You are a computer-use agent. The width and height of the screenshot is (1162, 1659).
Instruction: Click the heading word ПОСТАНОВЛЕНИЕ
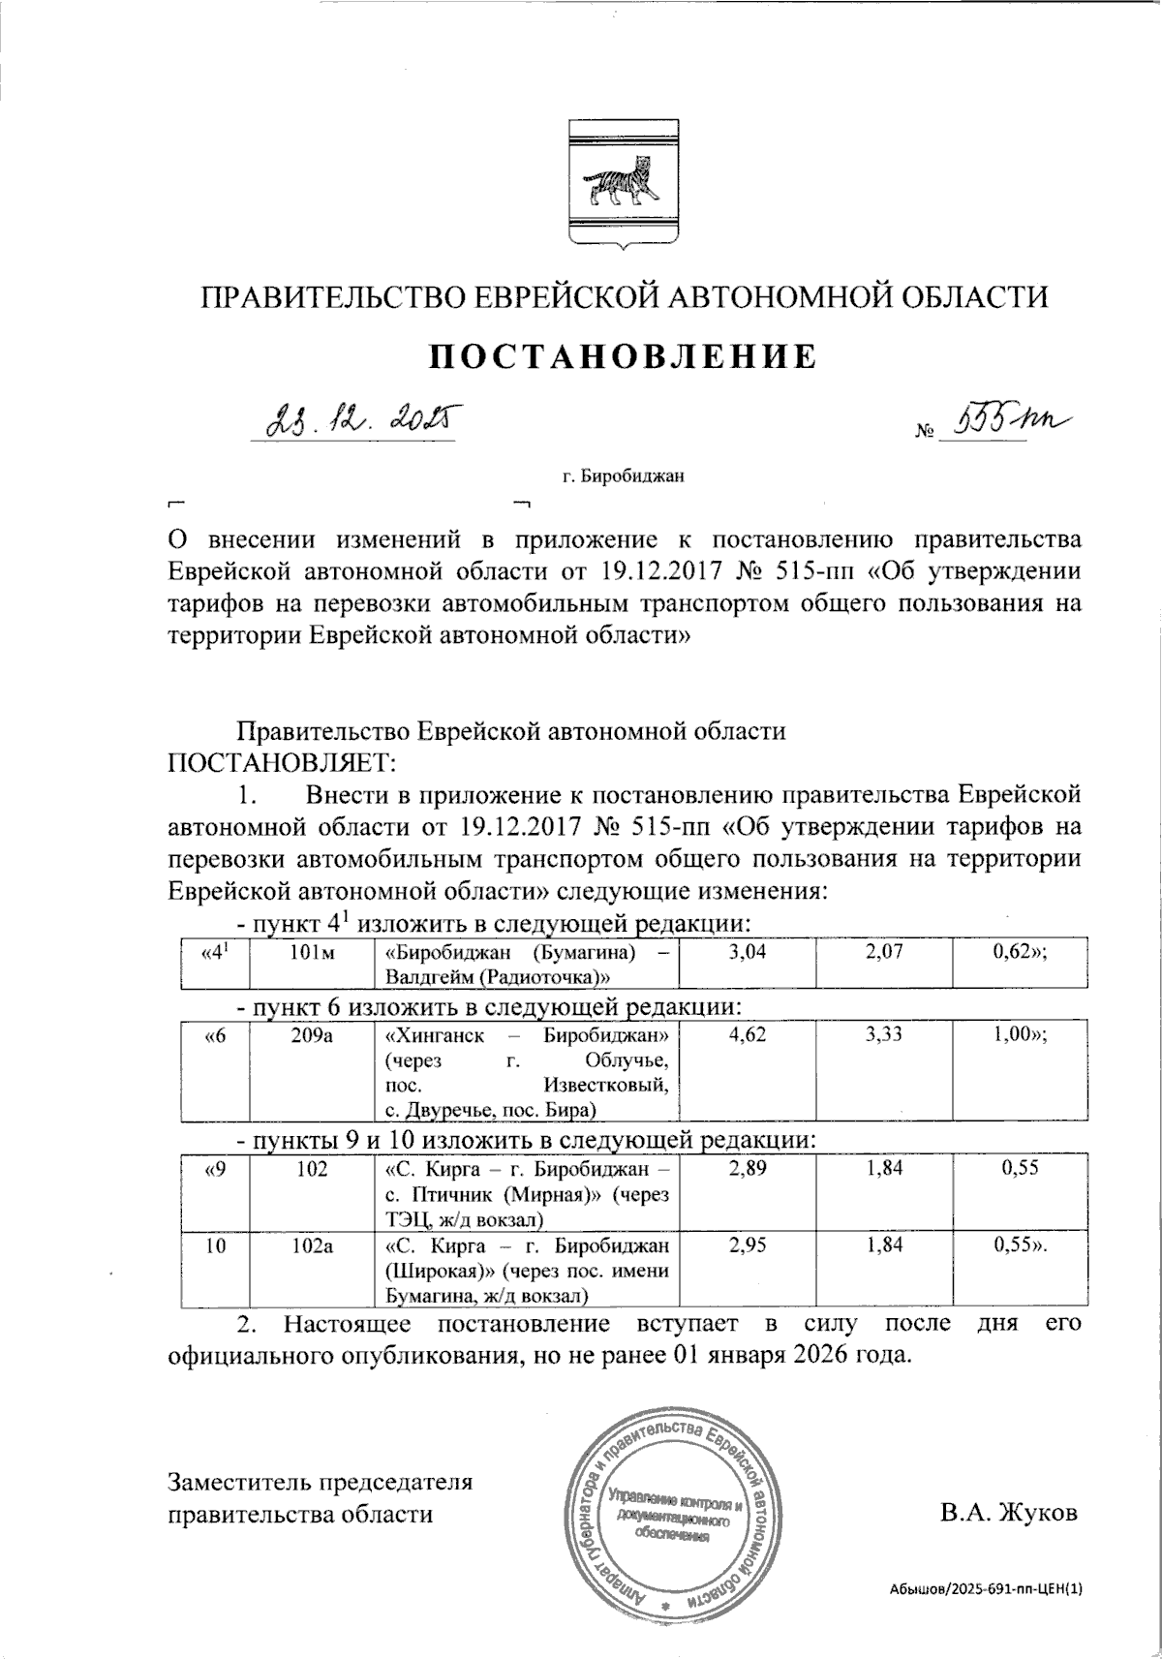click(624, 357)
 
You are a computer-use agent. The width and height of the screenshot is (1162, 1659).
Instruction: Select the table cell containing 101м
click(312, 954)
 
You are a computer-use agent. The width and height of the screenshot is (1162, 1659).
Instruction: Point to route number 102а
click(312, 1248)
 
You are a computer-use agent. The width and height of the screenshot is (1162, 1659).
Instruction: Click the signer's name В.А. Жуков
click(1007, 1513)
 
